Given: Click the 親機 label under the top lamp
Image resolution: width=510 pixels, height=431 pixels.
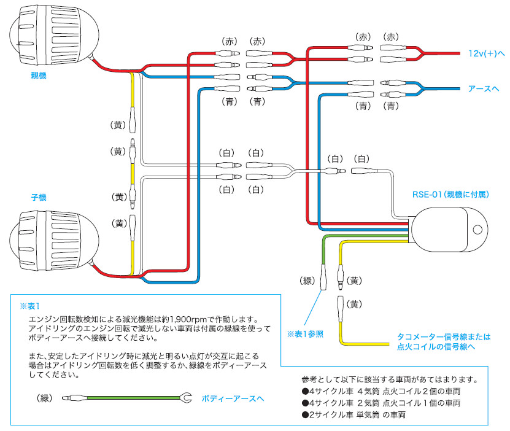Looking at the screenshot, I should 38,76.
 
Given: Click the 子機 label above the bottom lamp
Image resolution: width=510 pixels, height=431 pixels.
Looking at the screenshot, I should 38,198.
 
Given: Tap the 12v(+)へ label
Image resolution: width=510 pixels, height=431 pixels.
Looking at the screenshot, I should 485,55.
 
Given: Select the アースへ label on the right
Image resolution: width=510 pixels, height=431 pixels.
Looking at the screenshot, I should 483,88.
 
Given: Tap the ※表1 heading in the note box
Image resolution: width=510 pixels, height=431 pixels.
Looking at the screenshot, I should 29,305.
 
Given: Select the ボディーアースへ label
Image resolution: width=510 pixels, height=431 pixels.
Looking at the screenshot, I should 233,398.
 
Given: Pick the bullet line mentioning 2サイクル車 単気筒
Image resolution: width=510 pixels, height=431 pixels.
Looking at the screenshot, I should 354,414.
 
